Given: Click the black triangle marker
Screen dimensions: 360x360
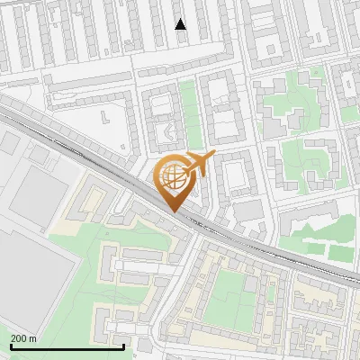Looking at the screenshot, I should click(181, 24).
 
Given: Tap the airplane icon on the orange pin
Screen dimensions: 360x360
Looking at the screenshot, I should click(197, 164).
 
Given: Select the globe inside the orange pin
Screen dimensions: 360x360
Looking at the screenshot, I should click(175, 176).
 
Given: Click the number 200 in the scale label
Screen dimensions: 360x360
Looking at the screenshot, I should click(19, 338).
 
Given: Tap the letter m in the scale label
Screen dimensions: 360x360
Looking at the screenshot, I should click(33, 338).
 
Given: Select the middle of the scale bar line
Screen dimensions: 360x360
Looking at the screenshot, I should click(67, 346).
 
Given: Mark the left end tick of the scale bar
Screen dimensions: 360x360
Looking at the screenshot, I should click(11, 345).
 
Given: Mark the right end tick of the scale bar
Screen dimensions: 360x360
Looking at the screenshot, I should click(124, 345).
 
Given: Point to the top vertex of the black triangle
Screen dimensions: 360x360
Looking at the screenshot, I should click(181, 19).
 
